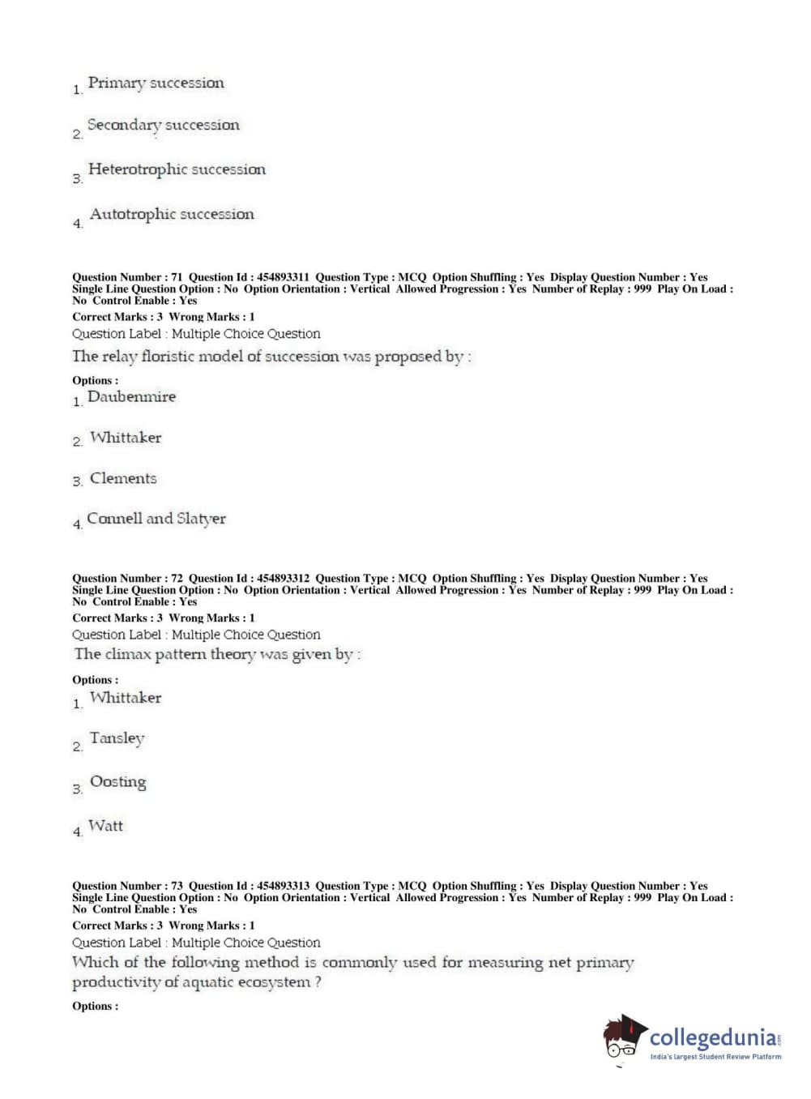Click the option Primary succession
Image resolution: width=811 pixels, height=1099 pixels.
(x=156, y=83)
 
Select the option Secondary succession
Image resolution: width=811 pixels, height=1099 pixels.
(x=163, y=125)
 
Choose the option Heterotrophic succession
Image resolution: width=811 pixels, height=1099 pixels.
(x=177, y=169)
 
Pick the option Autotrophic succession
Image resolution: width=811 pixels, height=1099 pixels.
(x=172, y=214)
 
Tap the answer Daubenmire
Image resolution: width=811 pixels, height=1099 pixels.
(x=131, y=396)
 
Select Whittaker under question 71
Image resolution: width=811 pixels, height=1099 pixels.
(x=126, y=438)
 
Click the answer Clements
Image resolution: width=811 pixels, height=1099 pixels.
(x=123, y=478)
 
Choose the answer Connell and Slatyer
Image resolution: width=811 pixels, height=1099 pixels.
(x=156, y=519)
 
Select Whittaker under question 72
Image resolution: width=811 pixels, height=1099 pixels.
(x=126, y=698)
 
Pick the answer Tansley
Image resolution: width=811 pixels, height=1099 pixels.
(x=117, y=738)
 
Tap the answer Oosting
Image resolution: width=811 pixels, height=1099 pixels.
(x=118, y=782)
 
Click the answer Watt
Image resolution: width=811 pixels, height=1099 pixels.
(x=106, y=826)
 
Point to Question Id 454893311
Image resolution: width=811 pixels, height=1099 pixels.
(x=283, y=277)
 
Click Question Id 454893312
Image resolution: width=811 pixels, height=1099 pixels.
(x=283, y=579)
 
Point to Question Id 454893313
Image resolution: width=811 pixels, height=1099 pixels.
(x=283, y=886)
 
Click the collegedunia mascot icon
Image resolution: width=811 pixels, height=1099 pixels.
(x=624, y=1037)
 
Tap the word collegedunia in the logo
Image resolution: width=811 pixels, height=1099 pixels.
(x=712, y=1037)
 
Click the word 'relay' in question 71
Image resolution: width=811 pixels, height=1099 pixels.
(x=118, y=357)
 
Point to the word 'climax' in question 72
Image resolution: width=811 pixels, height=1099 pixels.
(x=129, y=654)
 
